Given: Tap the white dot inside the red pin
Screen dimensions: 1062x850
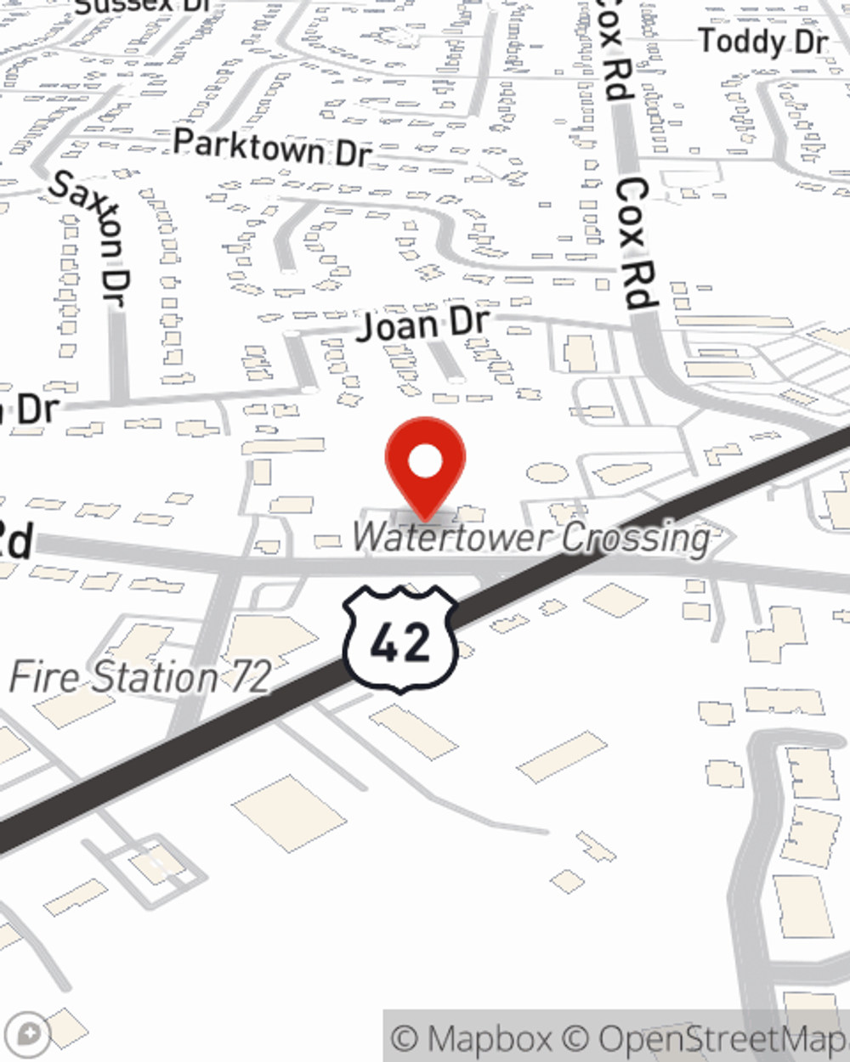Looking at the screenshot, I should pyautogui.click(x=425, y=462).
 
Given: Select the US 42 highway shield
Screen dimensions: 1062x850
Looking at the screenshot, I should pyautogui.click(x=400, y=638).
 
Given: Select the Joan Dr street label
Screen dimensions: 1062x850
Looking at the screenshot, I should pyautogui.click(x=422, y=325).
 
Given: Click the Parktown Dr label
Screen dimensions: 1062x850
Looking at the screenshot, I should pyautogui.click(x=273, y=148).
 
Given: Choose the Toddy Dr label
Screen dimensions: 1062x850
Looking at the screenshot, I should pyautogui.click(x=762, y=42).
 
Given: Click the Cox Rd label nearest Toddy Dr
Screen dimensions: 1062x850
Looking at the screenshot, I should pyautogui.click(x=614, y=51).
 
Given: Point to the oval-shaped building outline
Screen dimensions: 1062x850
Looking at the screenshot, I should pyautogui.click(x=546, y=472).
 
